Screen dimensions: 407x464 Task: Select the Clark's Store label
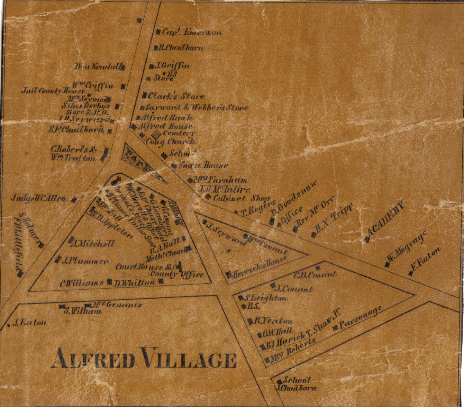(x=176, y=96)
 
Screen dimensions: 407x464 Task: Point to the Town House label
(x=203, y=166)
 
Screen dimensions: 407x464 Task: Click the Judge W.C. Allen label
(x=38, y=199)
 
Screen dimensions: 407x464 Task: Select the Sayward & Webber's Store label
(x=196, y=108)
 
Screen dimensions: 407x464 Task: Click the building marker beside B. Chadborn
(x=156, y=47)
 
